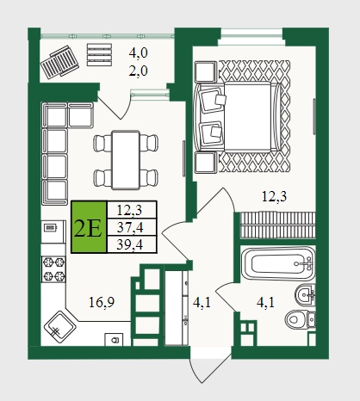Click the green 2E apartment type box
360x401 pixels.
89,227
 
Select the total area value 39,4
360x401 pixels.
130,244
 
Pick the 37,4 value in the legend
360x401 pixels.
130,227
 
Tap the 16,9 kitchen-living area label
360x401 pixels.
102,302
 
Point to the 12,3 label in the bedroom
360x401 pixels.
275,196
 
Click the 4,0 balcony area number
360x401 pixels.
138,53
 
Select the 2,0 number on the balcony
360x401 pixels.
138,71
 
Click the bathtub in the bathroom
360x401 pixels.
277,263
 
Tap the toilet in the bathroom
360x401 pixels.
301,319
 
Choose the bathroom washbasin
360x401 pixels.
305,293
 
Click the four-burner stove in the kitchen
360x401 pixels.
53,269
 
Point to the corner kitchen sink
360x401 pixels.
60,327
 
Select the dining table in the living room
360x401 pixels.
126,159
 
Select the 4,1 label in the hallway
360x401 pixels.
202,302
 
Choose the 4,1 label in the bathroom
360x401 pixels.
265,302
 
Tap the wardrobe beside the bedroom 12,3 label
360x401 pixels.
277,225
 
